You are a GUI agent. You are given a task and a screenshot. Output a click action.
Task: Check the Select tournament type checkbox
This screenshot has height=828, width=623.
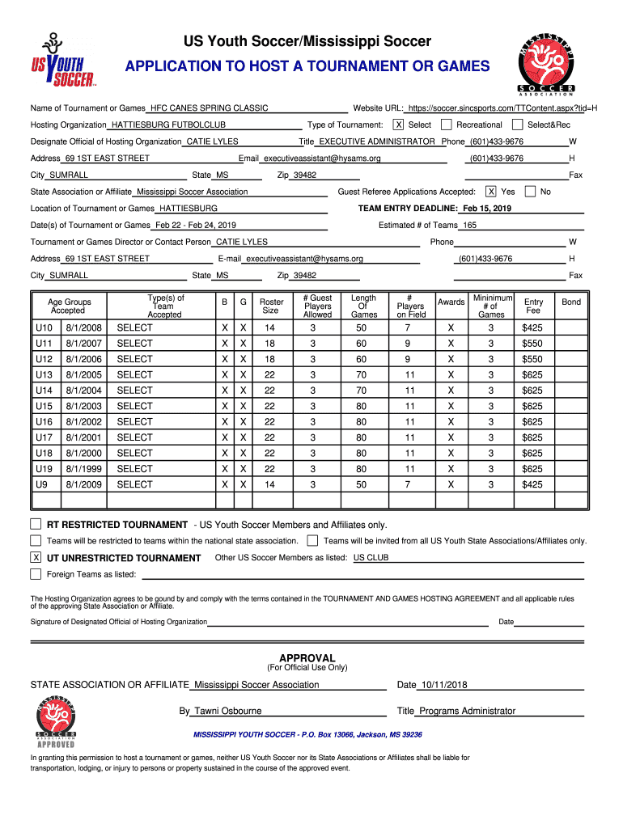[398, 125]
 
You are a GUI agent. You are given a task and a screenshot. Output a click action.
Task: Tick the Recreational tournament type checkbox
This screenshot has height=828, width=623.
[447, 125]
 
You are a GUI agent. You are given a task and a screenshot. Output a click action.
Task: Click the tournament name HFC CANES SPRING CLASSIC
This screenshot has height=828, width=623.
[209, 108]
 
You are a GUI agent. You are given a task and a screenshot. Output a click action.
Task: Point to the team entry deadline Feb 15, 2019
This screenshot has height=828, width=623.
[487, 209]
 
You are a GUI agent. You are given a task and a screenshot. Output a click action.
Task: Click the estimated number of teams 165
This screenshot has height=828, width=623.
[469, 226]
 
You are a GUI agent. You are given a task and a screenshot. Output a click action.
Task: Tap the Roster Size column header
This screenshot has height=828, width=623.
[270, 306]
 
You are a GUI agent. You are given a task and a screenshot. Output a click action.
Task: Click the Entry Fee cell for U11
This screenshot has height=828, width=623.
[532, 344]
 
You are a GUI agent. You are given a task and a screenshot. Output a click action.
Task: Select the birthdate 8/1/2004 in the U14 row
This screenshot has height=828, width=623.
[84, 391]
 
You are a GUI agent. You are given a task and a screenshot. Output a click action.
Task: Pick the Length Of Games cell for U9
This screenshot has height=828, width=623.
[361, 484]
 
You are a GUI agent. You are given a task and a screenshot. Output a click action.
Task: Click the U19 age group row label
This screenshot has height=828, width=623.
[44, 469]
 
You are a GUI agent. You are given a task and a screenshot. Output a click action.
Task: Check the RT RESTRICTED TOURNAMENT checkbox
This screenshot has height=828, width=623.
[36, 524]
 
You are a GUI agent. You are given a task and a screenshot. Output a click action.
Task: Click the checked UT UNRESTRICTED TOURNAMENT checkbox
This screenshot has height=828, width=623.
[36, 558]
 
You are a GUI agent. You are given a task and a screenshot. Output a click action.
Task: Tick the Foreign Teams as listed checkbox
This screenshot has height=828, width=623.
[36, 574]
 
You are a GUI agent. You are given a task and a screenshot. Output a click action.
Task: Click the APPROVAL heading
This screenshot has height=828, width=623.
[307, 657]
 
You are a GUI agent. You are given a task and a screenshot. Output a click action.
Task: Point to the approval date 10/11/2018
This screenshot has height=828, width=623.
[443, 685]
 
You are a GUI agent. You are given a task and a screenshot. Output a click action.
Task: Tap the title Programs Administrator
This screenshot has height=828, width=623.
[467, 711]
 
